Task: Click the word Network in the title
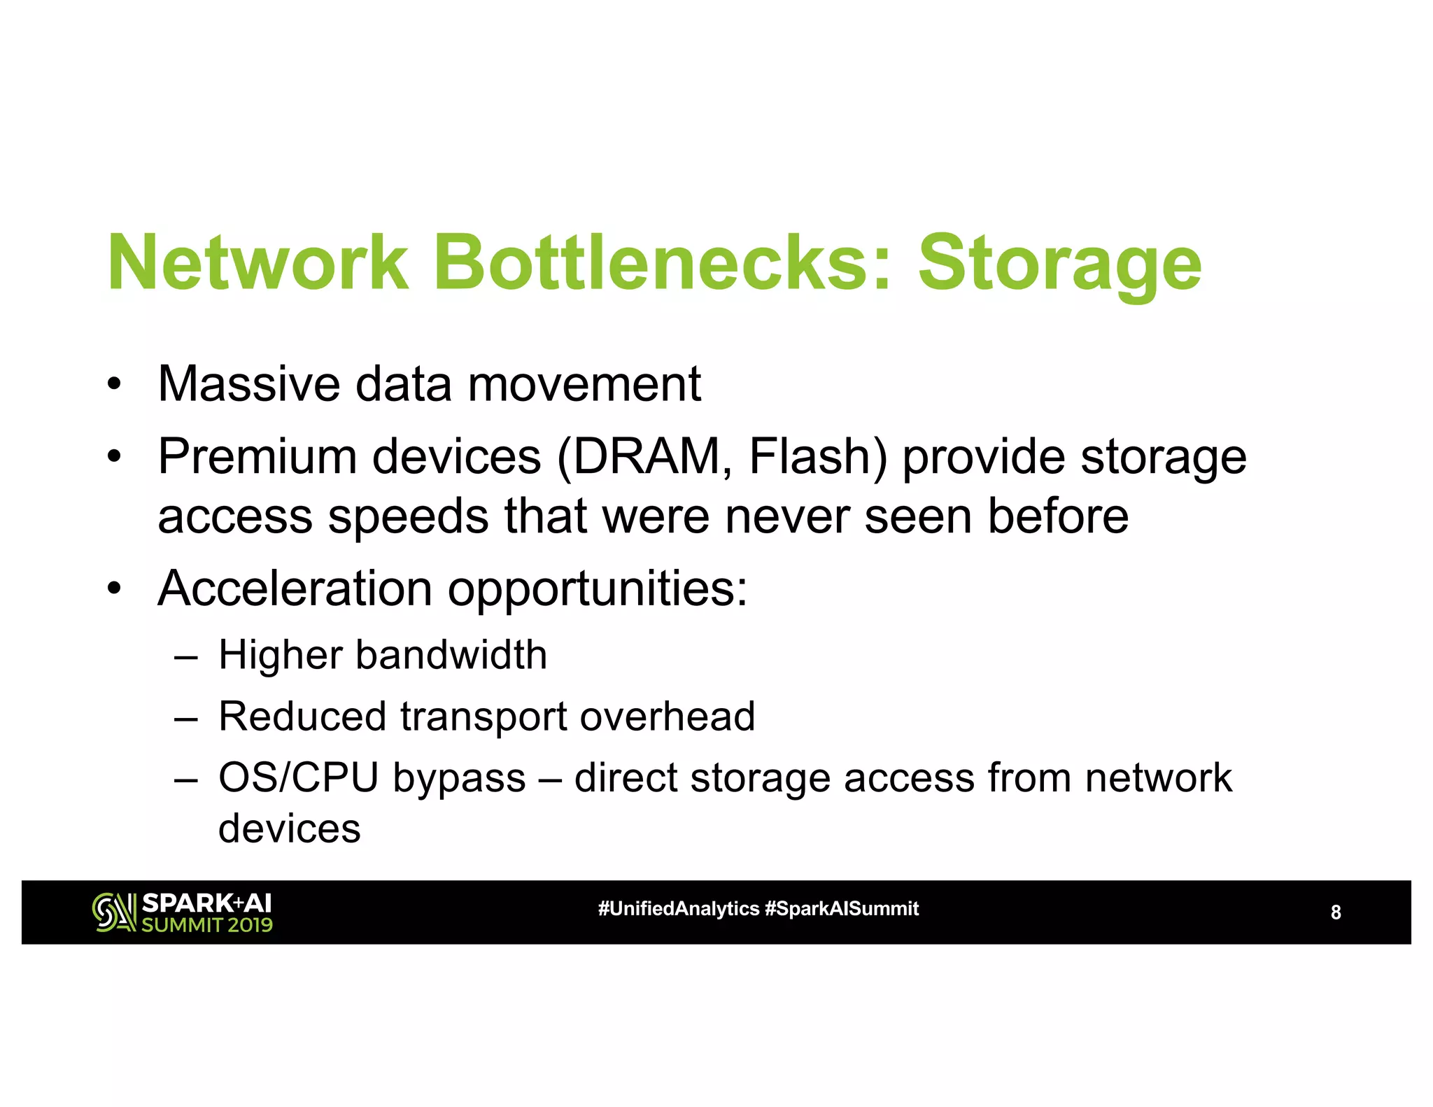pyautogui.click(x=257, y=264)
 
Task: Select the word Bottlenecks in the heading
pyautogui.click(x=663, y=264)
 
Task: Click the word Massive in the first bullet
pyautogui.click(x=250, y=384)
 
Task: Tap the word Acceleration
pyautogui.click(x=295, y=588)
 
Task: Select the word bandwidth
pyautogui.click(x=451, y=656)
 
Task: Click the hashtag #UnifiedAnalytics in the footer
pyautogui.click(x=678, y=909)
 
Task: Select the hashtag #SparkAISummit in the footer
pyautogui.click(x=842, y=909)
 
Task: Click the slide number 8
pyautogui.click(x=1335, y=912)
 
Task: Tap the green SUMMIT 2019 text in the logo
pyautogui.click(x=207, y=925)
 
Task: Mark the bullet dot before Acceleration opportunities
pyautogui.click(x=114, y=589)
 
